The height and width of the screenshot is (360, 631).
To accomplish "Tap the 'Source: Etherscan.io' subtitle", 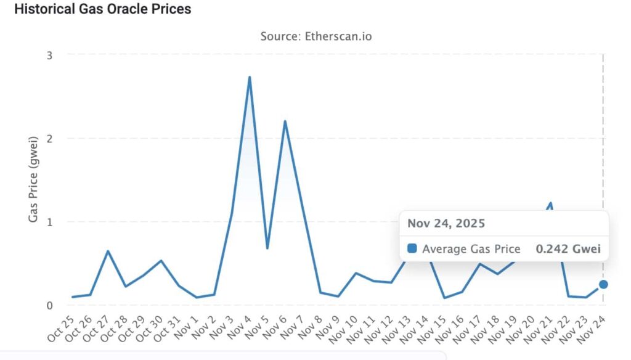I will (315, 36).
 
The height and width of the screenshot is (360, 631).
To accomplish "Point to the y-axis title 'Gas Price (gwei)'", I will (35, 179).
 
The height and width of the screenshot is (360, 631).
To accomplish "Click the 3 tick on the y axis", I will (49, 55).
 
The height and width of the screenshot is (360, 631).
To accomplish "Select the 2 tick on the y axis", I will (49, 138).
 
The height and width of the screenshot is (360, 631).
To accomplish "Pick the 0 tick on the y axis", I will (49, 305).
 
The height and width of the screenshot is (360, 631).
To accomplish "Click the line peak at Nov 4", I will (250, 77).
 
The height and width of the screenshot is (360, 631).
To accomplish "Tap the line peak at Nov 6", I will (285, 121).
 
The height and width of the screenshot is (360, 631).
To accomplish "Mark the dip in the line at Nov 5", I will (267, 248).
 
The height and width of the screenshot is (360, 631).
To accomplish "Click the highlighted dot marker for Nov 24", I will (603, 284).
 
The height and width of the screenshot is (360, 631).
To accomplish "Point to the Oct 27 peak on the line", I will (108, 251).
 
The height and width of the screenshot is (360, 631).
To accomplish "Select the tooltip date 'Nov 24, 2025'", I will (446, 223).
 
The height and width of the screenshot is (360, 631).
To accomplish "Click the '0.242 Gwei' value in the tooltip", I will (568, 249).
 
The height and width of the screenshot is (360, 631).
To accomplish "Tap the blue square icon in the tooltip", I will (412, 248).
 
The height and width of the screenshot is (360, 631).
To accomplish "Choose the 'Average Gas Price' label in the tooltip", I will (471, 249).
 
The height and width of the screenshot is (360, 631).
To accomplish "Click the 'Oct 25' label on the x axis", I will (60, 330).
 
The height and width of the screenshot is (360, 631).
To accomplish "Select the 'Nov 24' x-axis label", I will (590, 330).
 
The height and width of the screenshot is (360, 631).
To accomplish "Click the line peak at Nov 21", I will (550, 203).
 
